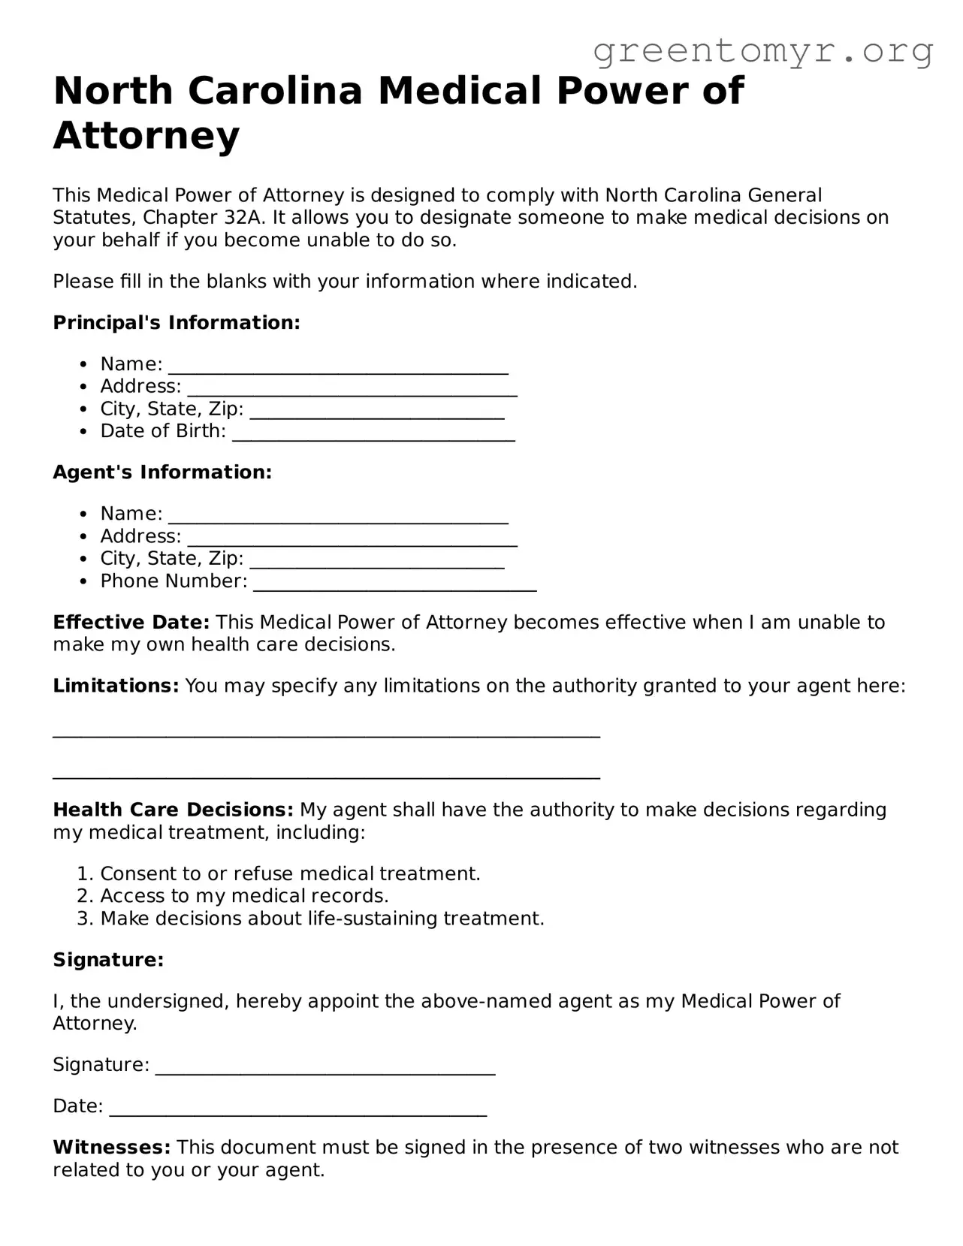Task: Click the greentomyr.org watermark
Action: (762, 51)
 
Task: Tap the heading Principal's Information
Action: (177, 323)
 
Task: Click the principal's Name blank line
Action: (338, 368)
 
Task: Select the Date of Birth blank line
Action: (373, 435)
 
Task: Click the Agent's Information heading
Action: (162, 472)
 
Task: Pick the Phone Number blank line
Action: (394, 585)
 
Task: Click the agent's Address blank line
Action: (352, 540)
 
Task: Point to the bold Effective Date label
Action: (131, 623)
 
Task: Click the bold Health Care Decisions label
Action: (173, 810)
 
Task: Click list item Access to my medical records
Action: (244, 896)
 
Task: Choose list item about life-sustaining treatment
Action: (322, 919)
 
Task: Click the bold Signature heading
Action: (108, 960)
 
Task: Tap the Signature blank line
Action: (325, 1070)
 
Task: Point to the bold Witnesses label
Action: (112, 1148)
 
